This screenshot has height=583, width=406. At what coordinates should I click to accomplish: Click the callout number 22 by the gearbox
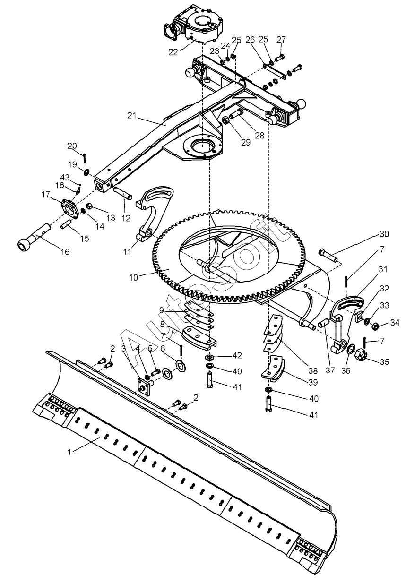point(173,52)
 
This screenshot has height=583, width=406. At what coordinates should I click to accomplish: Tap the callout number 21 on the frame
point(132,116)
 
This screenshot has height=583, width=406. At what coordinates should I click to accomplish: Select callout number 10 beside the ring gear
point(133,277)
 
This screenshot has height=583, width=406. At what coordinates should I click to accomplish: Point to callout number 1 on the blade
point(69,452)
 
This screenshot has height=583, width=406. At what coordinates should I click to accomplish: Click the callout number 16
point(65,252)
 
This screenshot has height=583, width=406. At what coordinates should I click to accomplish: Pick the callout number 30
point(384,234)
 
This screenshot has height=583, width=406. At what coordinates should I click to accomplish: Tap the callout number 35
point(384,362)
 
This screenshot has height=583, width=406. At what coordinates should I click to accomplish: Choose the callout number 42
point(236,355)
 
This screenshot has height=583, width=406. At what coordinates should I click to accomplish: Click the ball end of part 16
point(24,245)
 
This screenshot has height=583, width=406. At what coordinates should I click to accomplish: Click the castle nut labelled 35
point(362,354)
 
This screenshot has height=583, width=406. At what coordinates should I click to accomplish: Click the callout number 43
point(65,178)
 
